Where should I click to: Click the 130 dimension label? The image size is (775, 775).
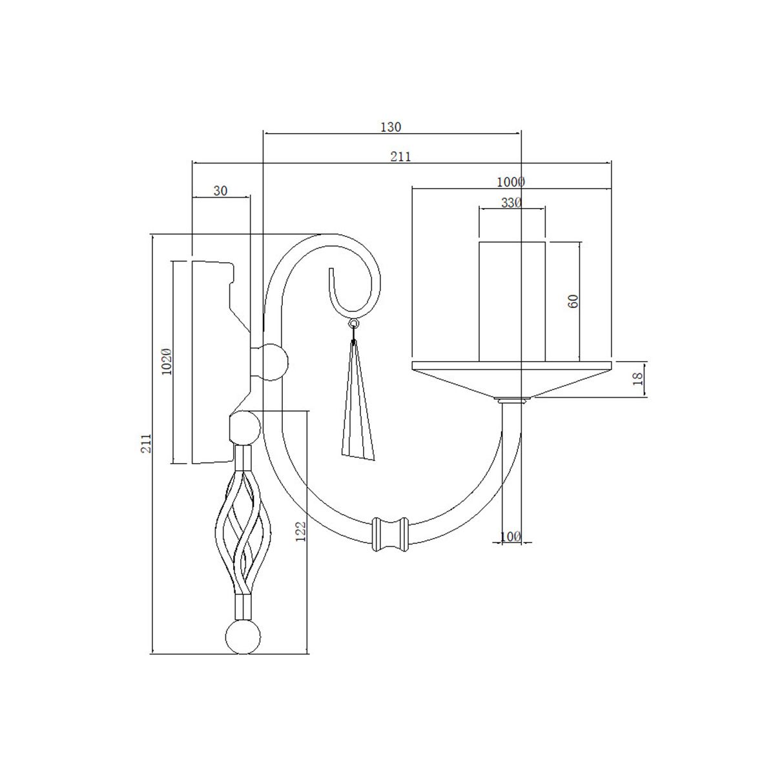[x=391, y=127]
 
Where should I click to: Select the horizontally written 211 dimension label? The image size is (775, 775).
[x=401, y=156]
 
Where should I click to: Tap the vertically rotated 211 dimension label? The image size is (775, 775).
[x=147, y=442]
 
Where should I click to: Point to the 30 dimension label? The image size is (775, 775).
[x=220, y=191]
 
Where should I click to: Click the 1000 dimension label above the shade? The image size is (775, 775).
[x=512, y=181]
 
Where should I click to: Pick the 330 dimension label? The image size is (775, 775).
[x=511, y=202]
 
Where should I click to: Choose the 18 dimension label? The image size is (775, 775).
[x=639, y=379]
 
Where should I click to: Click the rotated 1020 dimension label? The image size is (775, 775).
[x=166, y=362]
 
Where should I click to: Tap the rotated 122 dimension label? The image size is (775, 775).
[x=300, y=532]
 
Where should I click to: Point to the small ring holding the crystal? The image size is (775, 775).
[x=353, y=323]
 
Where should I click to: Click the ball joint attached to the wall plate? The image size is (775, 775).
[x=274, y=363]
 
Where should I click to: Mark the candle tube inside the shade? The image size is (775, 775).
[x=512, y=300]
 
